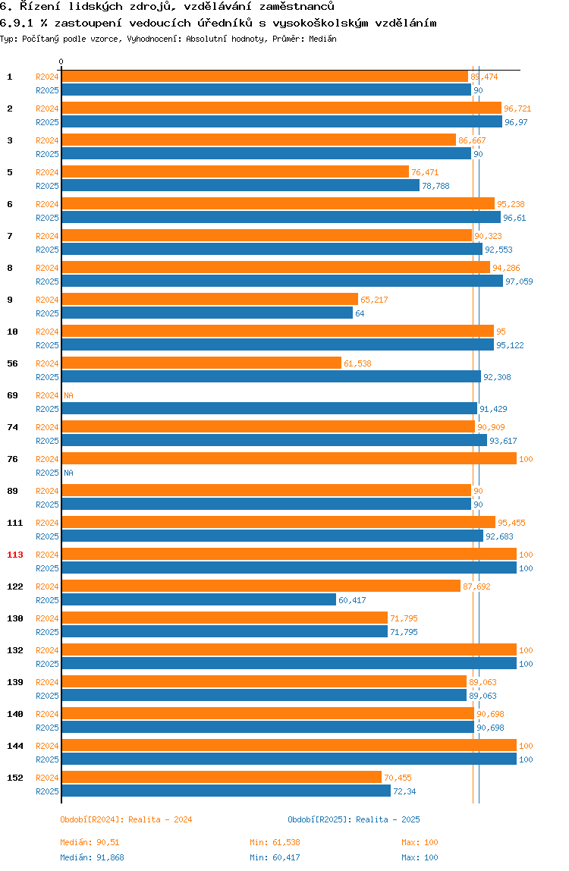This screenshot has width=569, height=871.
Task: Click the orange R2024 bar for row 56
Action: (x=201, y=363)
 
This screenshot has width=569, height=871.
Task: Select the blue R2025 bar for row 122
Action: (x=199, y=600)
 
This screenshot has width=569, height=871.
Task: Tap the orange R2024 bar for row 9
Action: (x=209, y=300)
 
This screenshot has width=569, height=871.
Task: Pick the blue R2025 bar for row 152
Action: (x=226, y=791)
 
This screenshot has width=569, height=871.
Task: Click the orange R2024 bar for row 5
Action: (x=235, y=172)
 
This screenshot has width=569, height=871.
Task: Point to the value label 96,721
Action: (x=517, y=108)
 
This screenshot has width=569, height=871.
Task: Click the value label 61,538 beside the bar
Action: (x=357, y=363)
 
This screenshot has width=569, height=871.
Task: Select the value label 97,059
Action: (x=519, y=281)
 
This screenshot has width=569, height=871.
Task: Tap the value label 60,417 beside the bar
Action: (x=352, y=600)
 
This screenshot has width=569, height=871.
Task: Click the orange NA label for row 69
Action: (x=68, y=395)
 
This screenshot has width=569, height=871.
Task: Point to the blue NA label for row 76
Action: (x=68, y=473)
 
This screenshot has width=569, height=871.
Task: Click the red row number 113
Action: (x=15, y=555)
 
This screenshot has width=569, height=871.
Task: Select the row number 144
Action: (x=15, y=746)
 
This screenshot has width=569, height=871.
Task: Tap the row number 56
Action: (x=13, y=363)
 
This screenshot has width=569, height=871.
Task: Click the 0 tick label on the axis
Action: (x=61, y=61)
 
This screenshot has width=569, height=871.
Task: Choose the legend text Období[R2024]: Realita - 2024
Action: (x=126, y=819)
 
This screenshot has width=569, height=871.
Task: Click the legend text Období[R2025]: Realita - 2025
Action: (x=354, y=819)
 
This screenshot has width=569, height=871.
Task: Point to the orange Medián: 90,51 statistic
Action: (x=87, y=842)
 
